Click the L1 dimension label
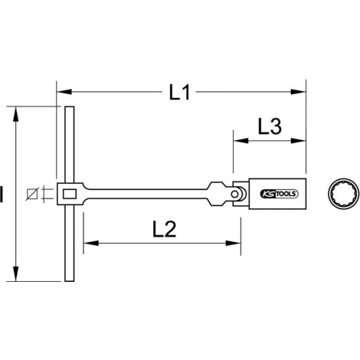[179, 92]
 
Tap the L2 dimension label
[164, 229]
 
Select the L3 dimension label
[270, 126]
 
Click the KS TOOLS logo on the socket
[279, 194]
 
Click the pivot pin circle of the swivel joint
[234, 194]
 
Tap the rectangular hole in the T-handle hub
[70, 194]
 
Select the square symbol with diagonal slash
[32, 194]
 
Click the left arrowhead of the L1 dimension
[64, 92]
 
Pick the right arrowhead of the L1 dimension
[298, 92]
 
